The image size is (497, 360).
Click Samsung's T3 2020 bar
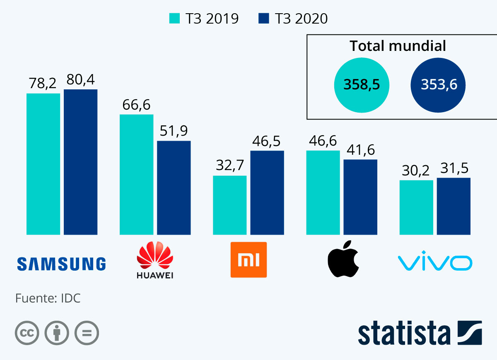80,162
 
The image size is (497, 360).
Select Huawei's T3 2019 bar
136,174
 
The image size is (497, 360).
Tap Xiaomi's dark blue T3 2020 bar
267,192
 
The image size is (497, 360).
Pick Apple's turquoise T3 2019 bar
323,192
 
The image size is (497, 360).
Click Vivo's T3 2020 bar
454,206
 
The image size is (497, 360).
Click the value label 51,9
174,132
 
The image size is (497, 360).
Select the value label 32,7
230,166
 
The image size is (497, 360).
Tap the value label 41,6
360,150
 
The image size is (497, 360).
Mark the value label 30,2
416,171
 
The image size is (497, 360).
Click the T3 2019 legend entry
204,19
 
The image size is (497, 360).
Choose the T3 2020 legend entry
293,19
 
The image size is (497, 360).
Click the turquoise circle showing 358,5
362,85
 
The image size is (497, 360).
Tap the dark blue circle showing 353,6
439,85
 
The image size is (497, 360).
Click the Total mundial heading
398,46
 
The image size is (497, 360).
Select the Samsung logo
61,264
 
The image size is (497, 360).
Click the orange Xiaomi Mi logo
248,260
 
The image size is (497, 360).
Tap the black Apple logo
343,258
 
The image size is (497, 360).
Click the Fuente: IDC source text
48,298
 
